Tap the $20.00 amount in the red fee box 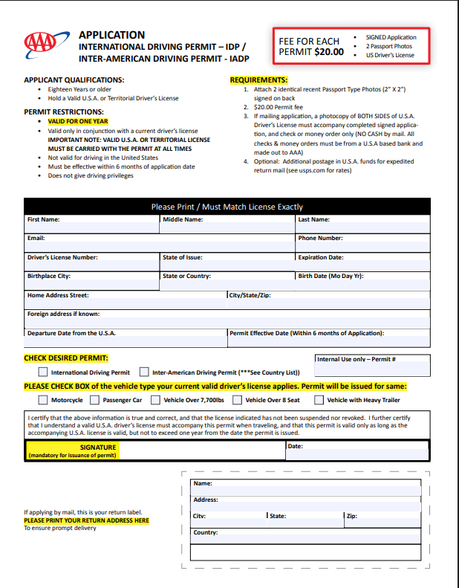point(329,52)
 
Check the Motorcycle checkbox point(43,400)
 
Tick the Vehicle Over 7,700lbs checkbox point(155,400)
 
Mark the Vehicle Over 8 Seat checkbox point(238,400)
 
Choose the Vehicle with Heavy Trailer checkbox point(319,400)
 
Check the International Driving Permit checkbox point(43,372)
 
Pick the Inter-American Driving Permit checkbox point(144,372)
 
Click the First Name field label point(43,220)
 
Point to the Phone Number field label point(320,239)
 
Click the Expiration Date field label point(320,257)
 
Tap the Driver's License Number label point(62,257)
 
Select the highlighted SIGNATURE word point(98,447)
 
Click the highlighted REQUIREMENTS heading point(258,80)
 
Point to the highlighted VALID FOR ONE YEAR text point(78,121)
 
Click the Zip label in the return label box point(351,515)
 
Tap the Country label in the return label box point(205,533)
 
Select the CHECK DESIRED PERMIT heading point(66,358)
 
